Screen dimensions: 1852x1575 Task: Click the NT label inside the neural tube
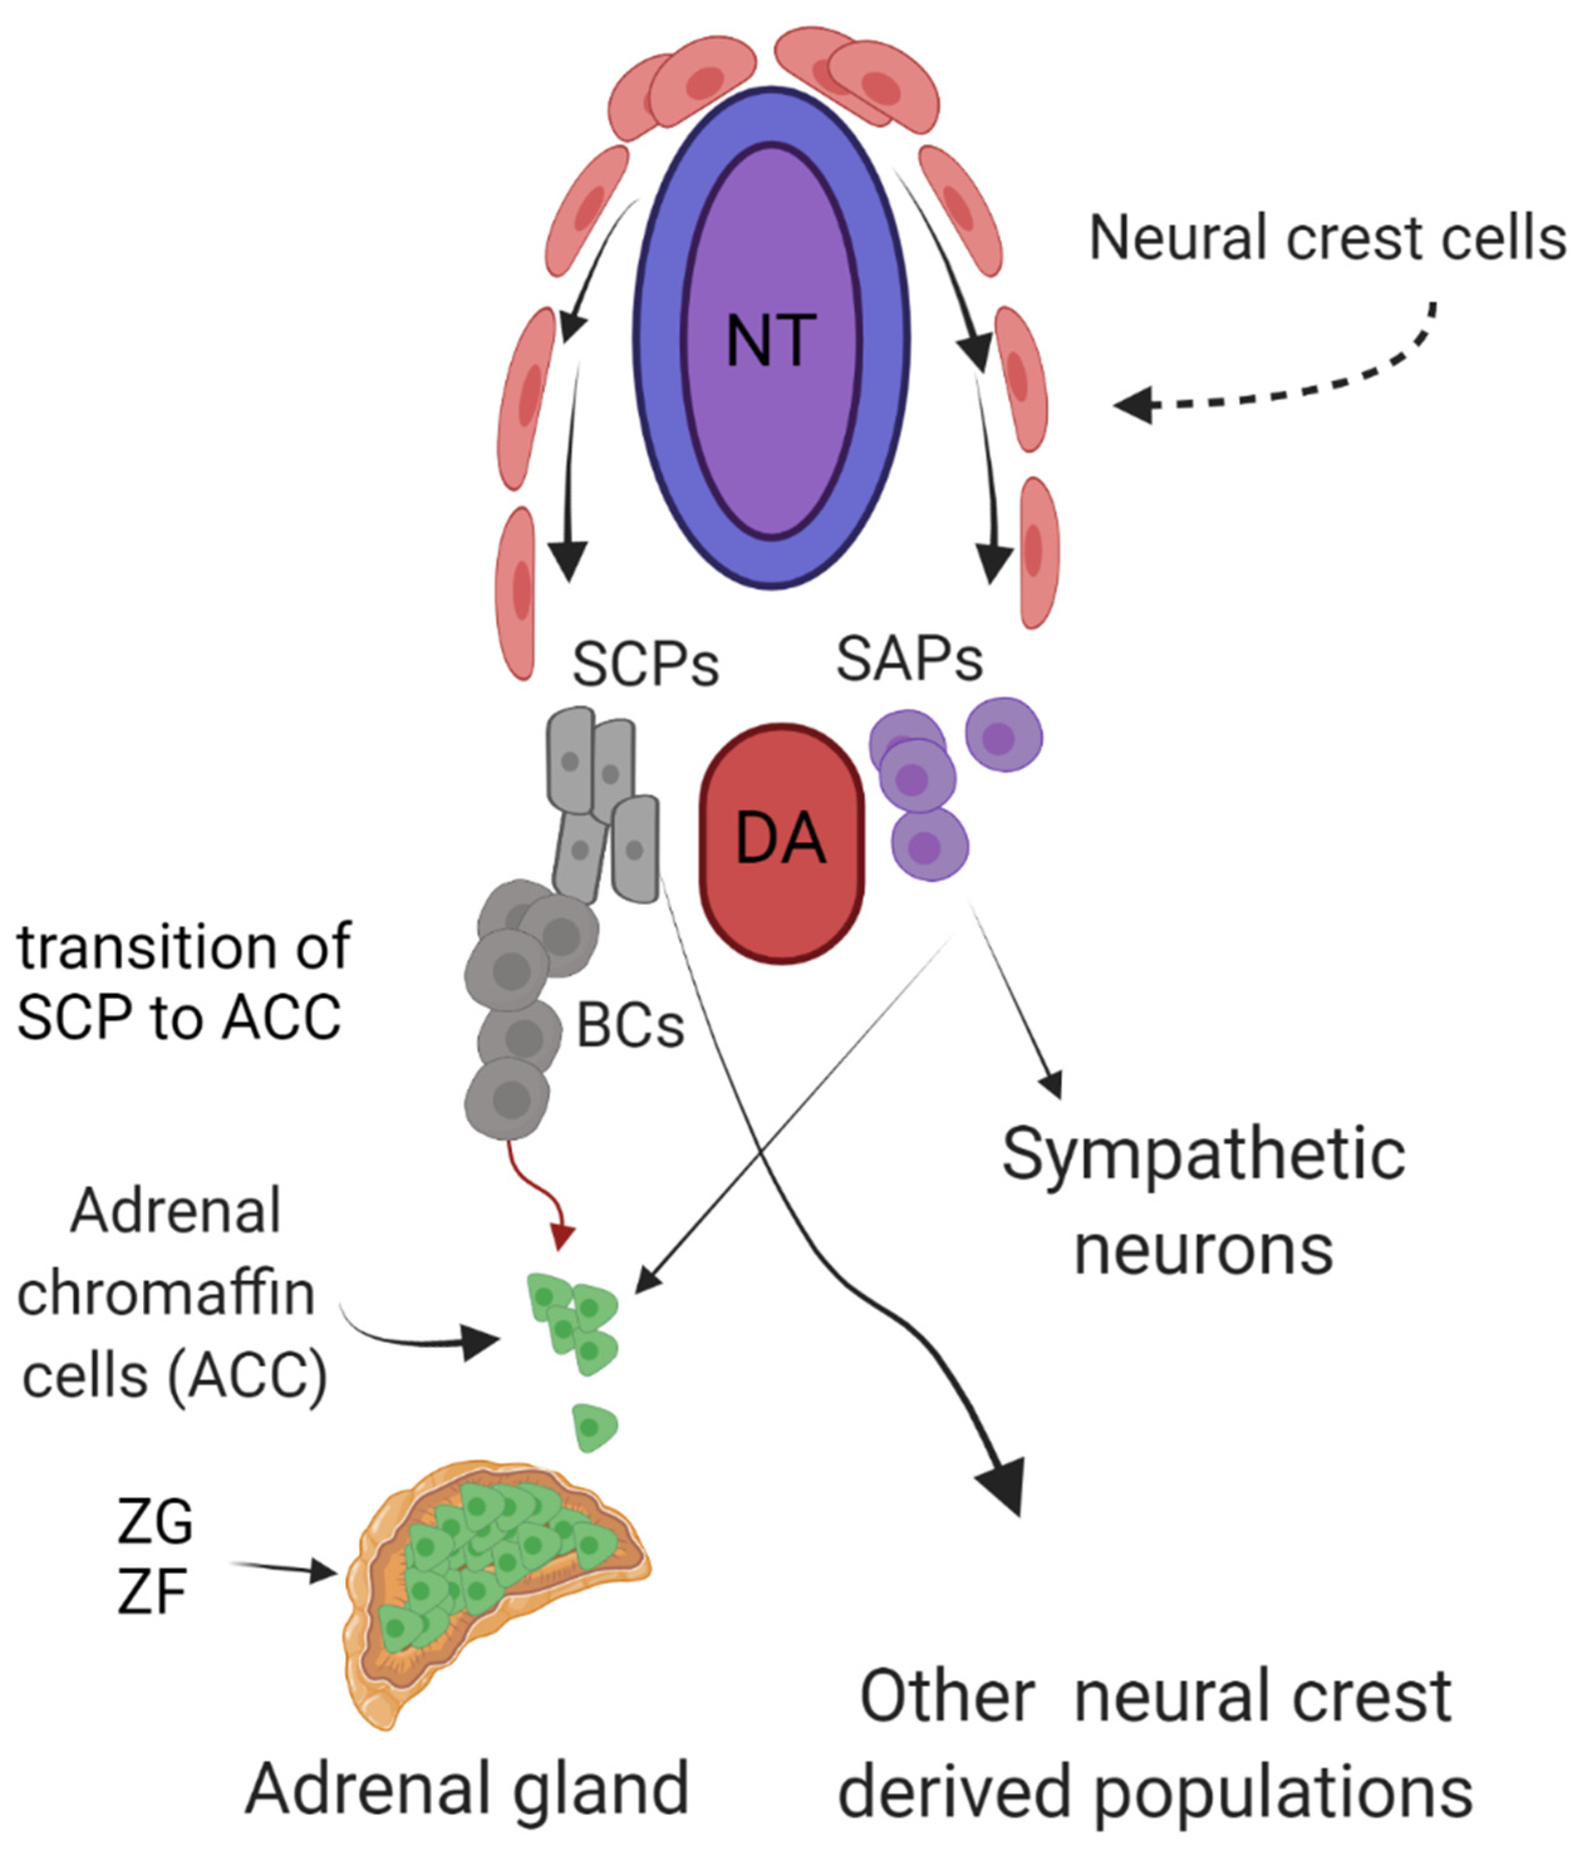pos(771,341)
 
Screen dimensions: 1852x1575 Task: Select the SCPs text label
pos(644,665)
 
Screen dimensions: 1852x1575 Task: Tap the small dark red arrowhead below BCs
pos(562,1238)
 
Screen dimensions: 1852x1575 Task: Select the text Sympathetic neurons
pos(1203,1201)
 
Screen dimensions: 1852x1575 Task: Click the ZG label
pos(154,1523)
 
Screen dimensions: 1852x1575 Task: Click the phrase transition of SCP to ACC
pos(183,982)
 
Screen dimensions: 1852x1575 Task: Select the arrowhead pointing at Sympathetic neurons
pos(1054,1086)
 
